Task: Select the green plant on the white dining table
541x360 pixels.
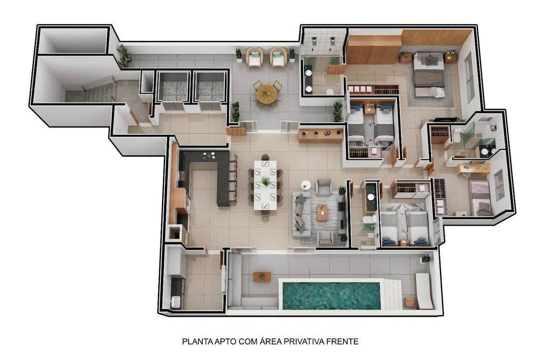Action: (x=266, y=181)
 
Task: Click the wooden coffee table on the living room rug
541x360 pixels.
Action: (x=322, y=213)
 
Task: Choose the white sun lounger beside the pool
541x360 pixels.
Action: (x=424, y=291)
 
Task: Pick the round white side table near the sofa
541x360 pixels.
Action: (x=306, y=185)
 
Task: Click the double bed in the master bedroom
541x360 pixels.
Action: (x=429, y=75)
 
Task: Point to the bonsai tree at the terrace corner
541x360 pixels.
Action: (x=124, y=56)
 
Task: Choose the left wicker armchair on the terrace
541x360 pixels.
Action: (x=254, y=57)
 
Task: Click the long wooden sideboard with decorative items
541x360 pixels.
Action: (x=321, y=136)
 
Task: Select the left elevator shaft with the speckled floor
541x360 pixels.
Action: (x=173, y=87)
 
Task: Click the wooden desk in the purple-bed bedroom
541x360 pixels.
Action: (x=473, y=169)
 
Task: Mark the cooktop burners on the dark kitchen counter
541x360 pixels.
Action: (x=209, y=155)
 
